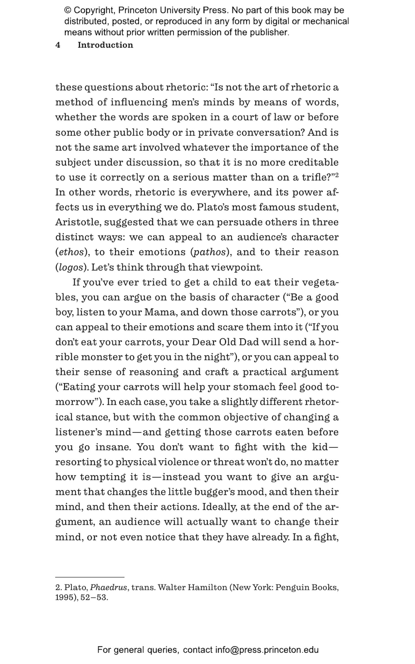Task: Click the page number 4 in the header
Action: point(58,45)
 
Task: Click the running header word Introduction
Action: point(105,45)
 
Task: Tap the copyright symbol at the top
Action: point(68,11)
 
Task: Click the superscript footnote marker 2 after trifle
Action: point(337,175)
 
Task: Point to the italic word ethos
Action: point(71,252)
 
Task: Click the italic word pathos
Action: point(209,252)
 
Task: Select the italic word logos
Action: point(71,268)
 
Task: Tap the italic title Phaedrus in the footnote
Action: point(108,587)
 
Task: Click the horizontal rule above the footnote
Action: point(90,577)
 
